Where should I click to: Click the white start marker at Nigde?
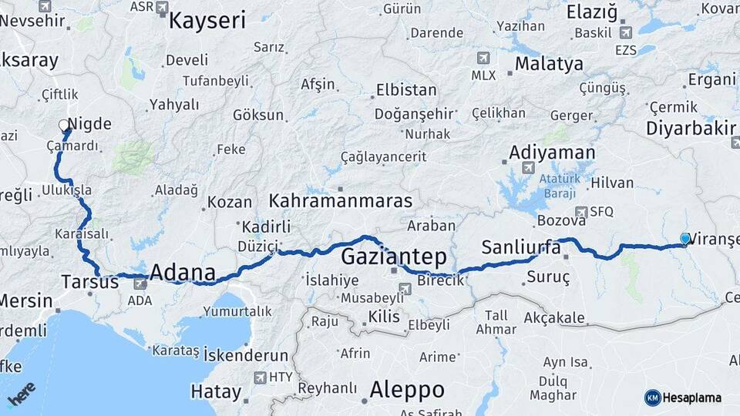click(64, 124)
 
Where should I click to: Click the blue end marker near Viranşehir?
click(684, 239)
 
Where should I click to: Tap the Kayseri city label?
click(207, 20)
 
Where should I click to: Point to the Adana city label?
click(182, 272)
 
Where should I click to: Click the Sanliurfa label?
click(521, 247)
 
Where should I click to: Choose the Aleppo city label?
click(407, 389)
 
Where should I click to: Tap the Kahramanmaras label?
click(340, 201)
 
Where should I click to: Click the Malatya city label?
click(549, 63)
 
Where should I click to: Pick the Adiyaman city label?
click(552, 153)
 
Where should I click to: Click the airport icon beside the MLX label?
click(483, 58)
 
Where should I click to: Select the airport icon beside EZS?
click(625, 32)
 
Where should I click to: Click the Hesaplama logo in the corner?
click(683, 398)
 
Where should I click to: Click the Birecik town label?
click(440, 280)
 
